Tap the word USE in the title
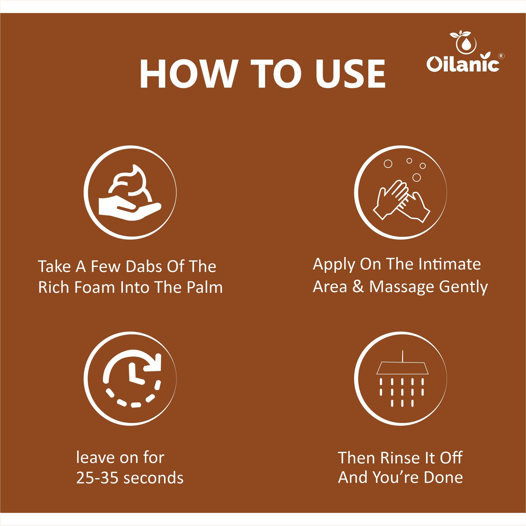(x=350, y=74)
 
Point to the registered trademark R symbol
(x=501, y=56)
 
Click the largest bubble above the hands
(x=417, y=178)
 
